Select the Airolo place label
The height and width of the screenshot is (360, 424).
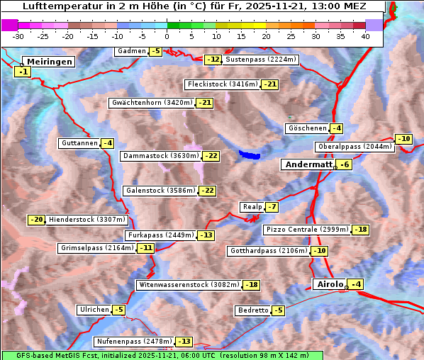329,284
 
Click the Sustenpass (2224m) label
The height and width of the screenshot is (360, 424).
261,60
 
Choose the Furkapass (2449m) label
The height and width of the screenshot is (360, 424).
160,235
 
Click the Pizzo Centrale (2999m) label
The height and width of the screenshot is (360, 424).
307,230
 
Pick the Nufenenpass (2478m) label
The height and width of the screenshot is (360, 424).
133,342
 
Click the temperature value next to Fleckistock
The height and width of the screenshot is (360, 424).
270,85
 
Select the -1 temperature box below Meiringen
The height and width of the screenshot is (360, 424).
23,72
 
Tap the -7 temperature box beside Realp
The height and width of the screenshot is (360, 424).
272,207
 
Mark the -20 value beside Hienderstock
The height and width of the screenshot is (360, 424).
37,220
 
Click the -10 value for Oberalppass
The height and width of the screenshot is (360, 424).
403,139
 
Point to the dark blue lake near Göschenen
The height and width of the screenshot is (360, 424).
250,154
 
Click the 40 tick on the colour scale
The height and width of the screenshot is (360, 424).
365,35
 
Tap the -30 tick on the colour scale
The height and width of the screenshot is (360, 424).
18,35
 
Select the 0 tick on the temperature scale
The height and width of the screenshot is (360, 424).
167,35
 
